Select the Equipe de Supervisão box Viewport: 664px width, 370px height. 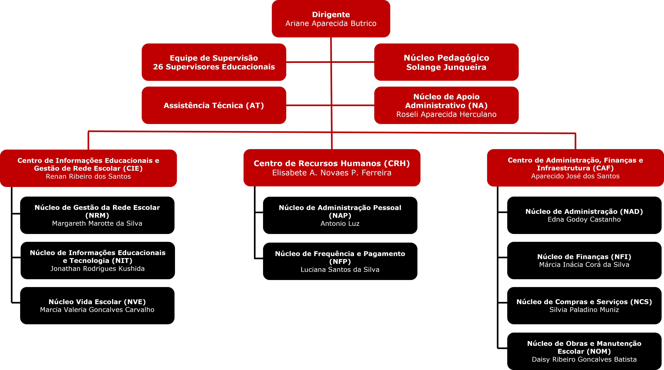tap(214, 62)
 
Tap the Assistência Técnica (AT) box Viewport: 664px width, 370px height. tap(214, 105)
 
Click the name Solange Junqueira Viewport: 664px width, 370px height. tap(446, 67)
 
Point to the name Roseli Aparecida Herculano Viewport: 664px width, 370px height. tap(446, 114)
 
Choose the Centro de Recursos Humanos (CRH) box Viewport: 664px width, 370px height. tap(332, 168)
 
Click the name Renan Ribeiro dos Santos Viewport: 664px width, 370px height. tap(88, 176)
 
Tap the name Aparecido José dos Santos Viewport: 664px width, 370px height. tap(575, 176)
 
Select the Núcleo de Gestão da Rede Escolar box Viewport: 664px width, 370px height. tap(97, 215)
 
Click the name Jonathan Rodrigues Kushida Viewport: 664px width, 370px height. tap(97, 269)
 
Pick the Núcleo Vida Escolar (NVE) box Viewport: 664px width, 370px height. tap(97, 306)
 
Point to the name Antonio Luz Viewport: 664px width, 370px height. tap(340, 224)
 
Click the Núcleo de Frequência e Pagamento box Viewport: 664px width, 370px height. tap(340, 261)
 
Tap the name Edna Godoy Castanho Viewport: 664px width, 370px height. tap(584, 219)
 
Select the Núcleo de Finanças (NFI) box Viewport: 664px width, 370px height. tap(584, 260)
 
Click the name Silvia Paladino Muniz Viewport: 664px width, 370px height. tap(584, 310)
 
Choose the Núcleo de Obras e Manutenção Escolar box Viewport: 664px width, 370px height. tap(584, 351)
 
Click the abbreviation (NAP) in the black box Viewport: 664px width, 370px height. tap(340, 216)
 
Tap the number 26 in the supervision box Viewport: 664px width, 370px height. tap(158, 67)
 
